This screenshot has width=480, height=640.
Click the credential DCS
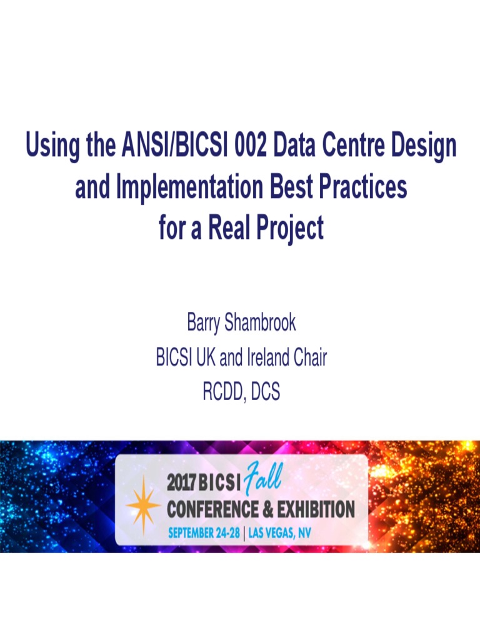266,392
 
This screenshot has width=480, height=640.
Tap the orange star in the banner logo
143,505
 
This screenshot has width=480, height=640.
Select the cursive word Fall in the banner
264,479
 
